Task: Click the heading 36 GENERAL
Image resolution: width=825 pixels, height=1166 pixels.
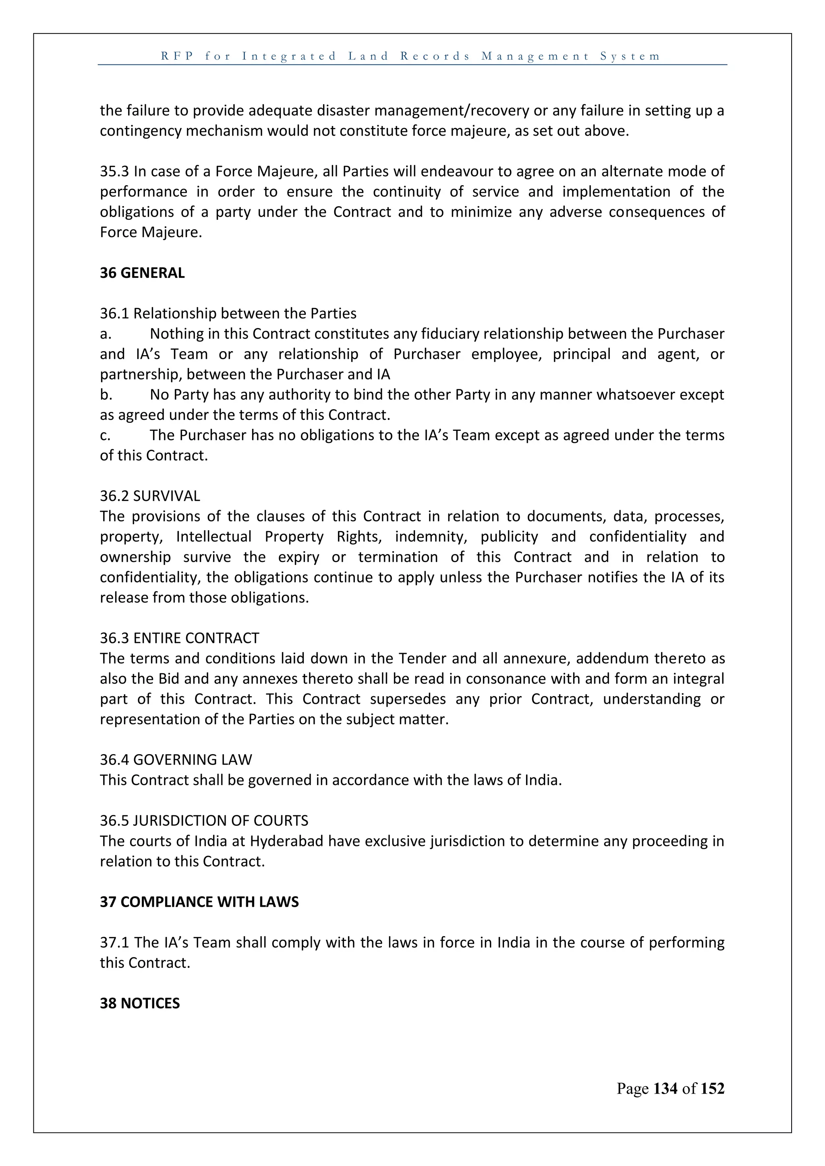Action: tap(142, 273)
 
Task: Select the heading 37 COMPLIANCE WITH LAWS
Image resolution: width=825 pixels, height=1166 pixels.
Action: tap(199, 902)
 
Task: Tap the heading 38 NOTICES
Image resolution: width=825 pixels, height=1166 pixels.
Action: tap(140, 1003)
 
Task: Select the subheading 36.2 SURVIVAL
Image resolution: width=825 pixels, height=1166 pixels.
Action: tap(150, 496)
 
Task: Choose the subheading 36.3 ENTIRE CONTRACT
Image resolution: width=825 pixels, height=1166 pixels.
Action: tap(179, 638)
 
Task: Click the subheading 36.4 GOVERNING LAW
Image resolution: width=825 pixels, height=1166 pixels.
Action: tap(176, 760)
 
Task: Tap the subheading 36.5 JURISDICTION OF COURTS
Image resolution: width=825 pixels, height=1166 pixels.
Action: tap(204, 821)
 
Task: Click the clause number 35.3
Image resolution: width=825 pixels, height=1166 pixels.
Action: tap(114, 172)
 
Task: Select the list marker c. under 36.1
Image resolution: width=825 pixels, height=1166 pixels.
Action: tap(106, 436)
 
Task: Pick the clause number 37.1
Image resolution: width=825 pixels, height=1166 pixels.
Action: tap(114, 943)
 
